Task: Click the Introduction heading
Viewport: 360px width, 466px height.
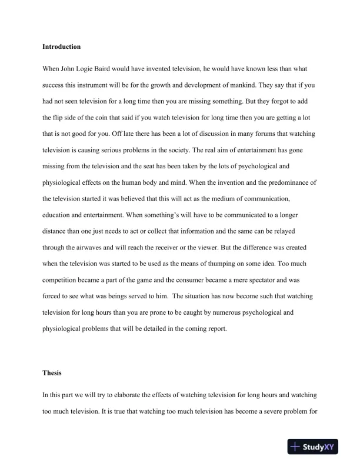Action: (x=62, y=46)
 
